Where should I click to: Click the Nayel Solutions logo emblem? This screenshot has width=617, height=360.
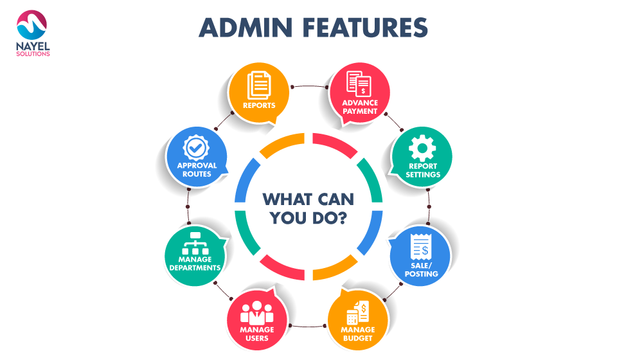tap(32, 25)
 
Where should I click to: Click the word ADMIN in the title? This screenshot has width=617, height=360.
tap(246, 28)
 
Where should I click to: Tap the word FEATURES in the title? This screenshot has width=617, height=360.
tap(365, 28)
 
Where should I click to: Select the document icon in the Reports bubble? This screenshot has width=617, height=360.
tap(259, 85)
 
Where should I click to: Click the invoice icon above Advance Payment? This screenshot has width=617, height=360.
tap(359, 84)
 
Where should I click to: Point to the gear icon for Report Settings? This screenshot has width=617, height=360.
tap(422, 148)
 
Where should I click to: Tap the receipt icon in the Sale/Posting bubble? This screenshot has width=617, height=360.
tap(420, 247)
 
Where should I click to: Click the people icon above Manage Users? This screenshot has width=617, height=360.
tap(256, 312)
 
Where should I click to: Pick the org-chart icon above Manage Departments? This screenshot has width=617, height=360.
tap(195, 243)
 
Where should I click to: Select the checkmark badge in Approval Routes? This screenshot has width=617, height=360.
tap(196, 148)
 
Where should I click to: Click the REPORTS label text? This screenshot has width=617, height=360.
tap(259, 105)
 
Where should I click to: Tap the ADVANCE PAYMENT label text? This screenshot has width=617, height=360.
tap(360, 107)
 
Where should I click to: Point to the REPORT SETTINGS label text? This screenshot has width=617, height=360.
tap(423, 170)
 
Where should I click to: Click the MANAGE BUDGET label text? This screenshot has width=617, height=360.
tap(358, 334)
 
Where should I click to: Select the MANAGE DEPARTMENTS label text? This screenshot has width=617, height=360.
tap(195, 264)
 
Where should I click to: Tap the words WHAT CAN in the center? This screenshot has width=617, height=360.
tap(308, 199)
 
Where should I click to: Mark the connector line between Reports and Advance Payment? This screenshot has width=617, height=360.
tap(310, 85)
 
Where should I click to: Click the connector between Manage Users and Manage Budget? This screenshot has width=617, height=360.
tap(307, 326)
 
